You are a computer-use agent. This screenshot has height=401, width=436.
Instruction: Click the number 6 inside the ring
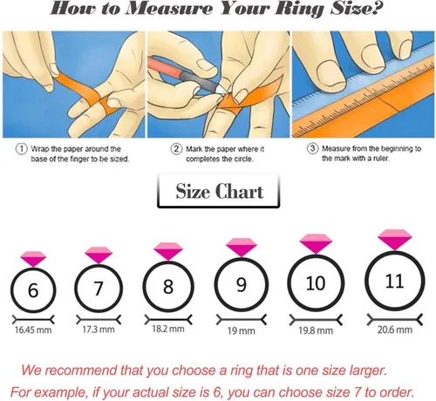(33, 290)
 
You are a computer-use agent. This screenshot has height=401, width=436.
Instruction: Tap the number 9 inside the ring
(242, 285)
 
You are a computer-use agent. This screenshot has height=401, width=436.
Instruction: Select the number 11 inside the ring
(394, 281)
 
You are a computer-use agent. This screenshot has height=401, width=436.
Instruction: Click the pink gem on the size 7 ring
(99, 255)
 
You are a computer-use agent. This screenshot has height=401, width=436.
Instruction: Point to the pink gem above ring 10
(316, 243)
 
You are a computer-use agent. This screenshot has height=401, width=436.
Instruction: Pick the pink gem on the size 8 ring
(168, 251)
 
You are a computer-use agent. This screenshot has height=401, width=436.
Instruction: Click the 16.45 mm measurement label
(33, 330)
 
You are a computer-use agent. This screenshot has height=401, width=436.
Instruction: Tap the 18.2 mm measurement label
(168, 329)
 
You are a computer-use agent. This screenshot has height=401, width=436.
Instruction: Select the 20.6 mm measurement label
(395, 330)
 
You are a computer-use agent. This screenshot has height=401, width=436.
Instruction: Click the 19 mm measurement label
(242, 330)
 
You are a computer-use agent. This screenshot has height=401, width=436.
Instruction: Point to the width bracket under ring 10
(316, 320)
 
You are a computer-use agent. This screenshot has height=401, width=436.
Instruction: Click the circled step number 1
(21, 149)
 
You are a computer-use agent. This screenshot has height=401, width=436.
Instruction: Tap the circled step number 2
(176, 149)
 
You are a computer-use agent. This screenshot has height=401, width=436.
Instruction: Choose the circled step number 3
(312, 148)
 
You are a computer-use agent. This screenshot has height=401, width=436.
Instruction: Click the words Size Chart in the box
(220, 191)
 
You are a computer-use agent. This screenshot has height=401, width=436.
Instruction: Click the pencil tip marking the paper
(223, 91)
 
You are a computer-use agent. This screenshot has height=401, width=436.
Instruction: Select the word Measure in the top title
(170, 9)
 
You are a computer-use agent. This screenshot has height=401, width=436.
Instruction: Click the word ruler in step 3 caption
(381, 159)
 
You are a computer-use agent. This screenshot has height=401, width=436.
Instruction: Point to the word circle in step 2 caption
(243, 159)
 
